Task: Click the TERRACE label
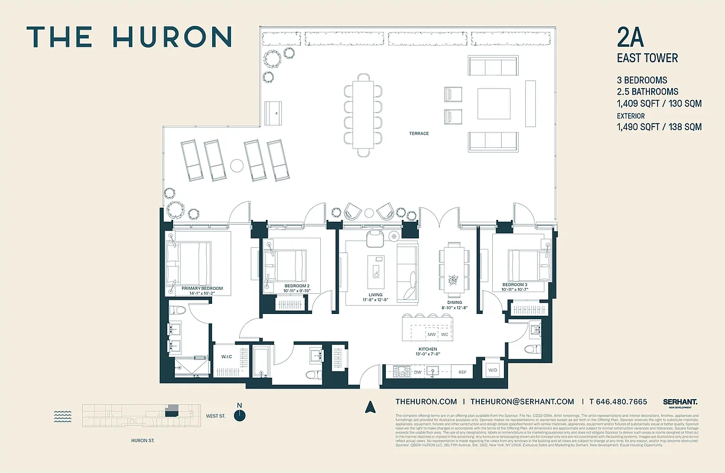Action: pos(418,134)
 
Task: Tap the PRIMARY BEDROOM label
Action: pos(198,289)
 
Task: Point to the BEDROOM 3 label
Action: pos(515,284)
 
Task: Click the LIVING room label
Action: pos(375,295)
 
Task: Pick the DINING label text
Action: pos(454,303)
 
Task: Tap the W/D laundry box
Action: pos(492,371)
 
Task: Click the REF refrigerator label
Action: pos(462,372)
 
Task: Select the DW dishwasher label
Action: pos(418,372)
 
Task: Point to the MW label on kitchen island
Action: pos(431,335)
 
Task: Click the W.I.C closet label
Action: pos(226,357)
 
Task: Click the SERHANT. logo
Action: pos(680,401)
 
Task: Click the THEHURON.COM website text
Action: pos(425,401)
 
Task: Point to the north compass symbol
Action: pos(239,414)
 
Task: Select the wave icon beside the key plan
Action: pos(63,416)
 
